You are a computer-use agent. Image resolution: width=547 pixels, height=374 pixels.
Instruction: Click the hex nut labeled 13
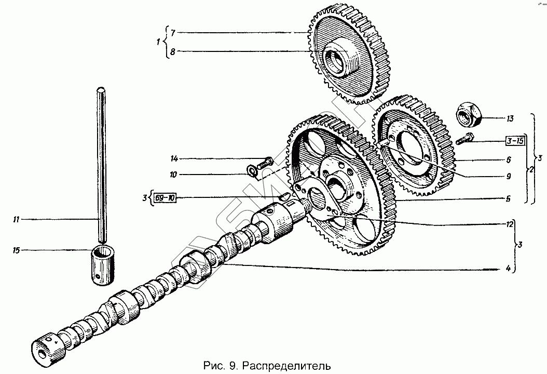coord(469,114)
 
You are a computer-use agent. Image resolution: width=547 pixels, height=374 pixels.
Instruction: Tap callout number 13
coord(510,119)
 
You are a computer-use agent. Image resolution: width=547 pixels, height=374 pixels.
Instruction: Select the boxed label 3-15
coord(516,141)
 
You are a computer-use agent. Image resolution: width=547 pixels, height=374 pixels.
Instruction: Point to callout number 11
coord(16,220)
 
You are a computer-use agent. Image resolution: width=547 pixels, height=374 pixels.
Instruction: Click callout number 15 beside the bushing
coord(16,251)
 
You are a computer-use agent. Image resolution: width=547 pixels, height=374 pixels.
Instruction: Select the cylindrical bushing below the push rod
coord(103,265)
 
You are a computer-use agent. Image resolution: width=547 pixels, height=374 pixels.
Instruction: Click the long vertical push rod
coord(102,166)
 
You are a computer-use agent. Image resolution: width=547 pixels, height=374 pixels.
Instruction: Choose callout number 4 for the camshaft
coord(509,269)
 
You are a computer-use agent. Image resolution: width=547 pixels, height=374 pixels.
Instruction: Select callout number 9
coord(509,177)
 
